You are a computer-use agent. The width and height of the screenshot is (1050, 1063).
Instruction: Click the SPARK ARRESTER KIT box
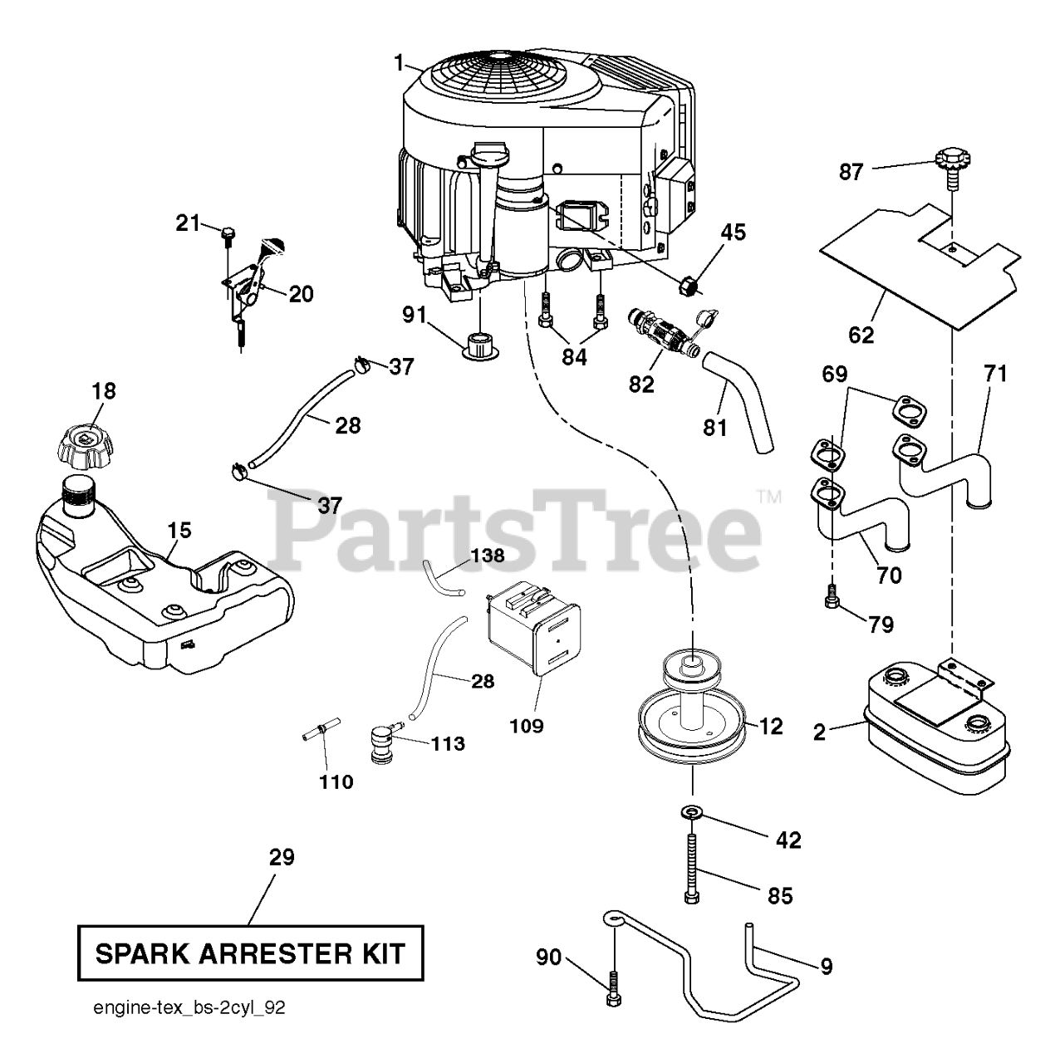[x=250, y=953]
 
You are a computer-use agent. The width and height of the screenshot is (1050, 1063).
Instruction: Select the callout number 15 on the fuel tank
[x=179, y=530]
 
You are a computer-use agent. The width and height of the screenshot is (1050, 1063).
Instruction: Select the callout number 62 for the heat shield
[x=861, y=335]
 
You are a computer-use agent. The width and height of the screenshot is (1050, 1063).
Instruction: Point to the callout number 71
[x=995, y=374]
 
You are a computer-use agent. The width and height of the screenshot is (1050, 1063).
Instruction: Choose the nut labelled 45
[x=689, y=285]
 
